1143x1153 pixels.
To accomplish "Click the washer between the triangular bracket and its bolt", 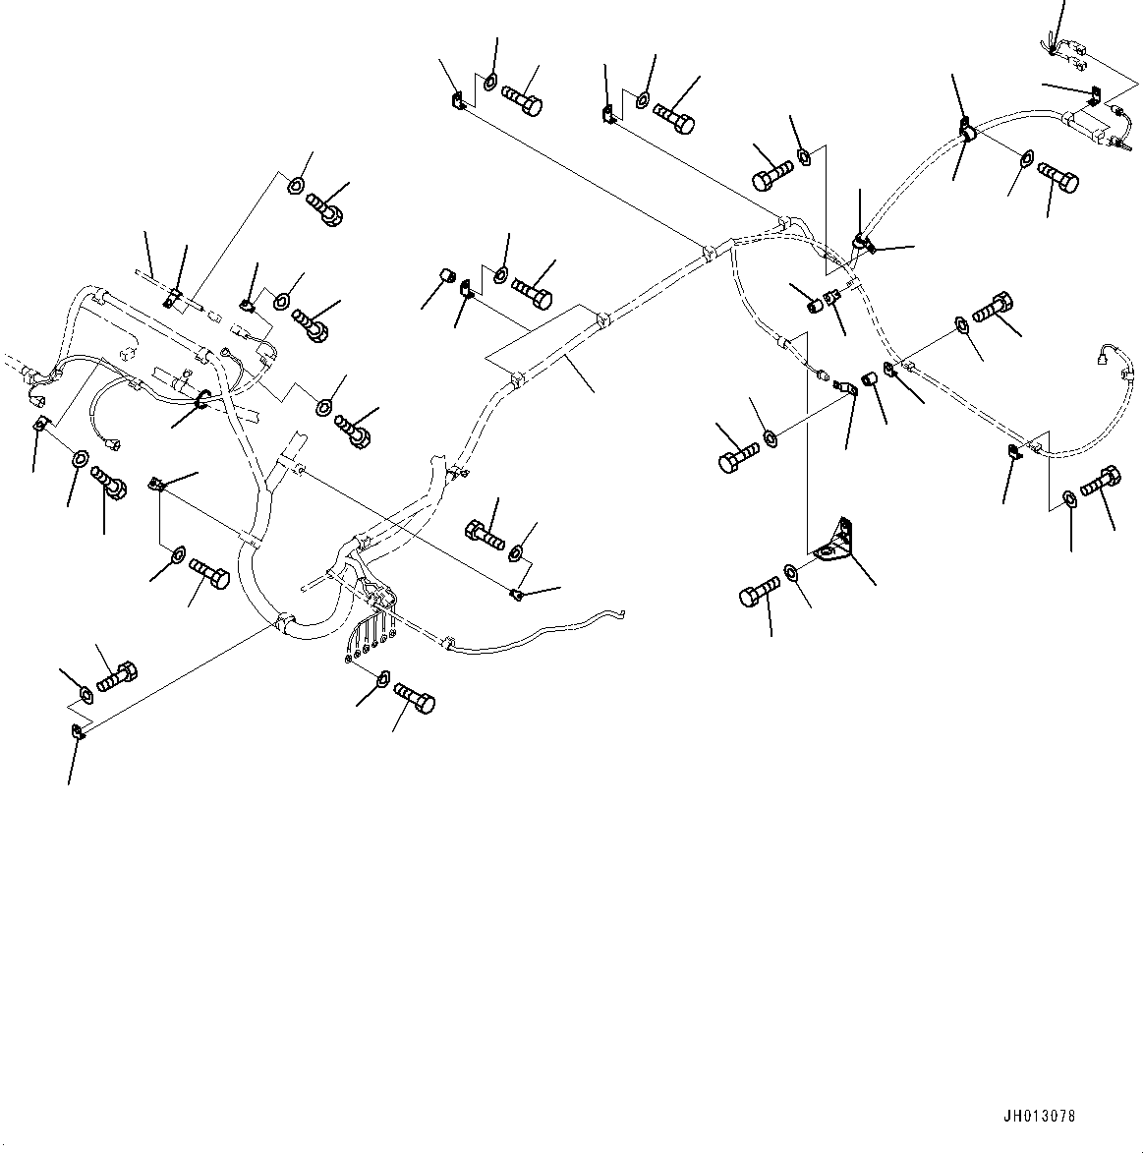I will [x=792, y=572].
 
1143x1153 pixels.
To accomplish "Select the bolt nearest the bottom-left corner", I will [x=116, y=676].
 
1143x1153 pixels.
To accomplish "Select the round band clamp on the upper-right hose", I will [x=965, y=131].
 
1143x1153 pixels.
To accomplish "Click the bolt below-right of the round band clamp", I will [x=1057, y=180].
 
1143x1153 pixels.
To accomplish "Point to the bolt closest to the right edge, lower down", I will [x=1100, y=482].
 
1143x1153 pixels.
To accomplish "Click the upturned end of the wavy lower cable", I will [x=619, y=614].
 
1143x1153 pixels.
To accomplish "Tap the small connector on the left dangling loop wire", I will [x=115, y=446].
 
